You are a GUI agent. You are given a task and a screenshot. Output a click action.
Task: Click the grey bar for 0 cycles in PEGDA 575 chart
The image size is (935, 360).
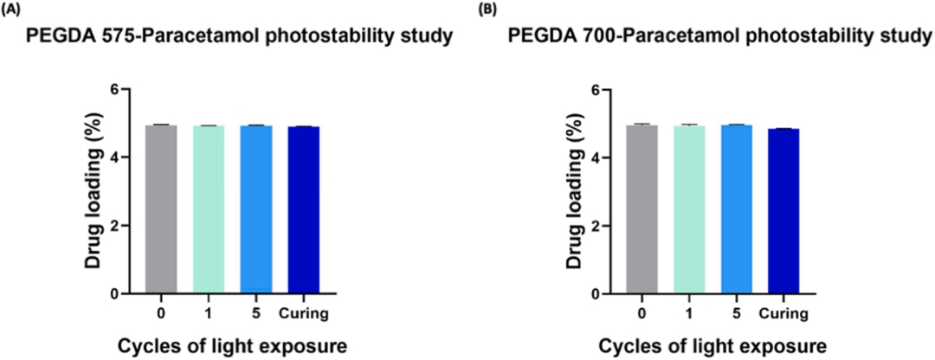click(161, 209)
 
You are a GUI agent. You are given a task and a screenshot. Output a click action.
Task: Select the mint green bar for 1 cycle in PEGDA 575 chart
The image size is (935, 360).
click(209, 209)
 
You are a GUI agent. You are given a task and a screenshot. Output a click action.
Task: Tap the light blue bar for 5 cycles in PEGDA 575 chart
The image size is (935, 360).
click(255, 209)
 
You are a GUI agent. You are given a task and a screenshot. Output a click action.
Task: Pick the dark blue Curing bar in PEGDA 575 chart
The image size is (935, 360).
click(303, 210)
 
